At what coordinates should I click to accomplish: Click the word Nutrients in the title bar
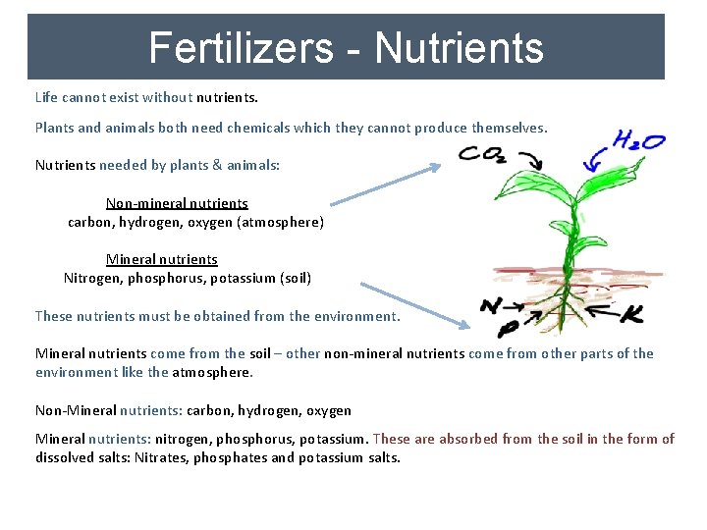(459, 47)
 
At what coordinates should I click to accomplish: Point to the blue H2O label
(639, 141)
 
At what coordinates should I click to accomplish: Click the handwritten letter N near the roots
(491, 305)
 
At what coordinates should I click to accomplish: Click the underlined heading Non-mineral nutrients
(177, 203)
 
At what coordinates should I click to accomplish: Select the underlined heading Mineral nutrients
(162, 259)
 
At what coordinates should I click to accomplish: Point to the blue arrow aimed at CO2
(385, 185)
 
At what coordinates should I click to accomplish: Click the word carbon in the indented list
(89, 222)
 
